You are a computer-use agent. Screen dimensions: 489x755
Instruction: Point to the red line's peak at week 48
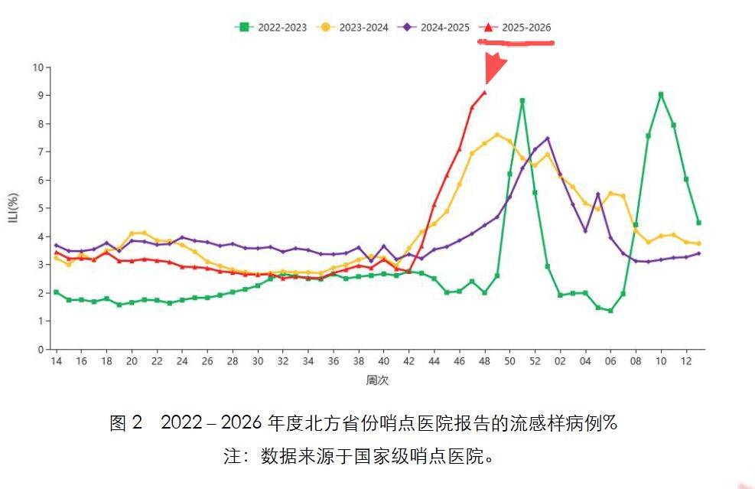pyautogui.click(x=484, y=92)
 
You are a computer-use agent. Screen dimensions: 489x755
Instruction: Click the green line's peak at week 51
pyautogui.click(x=522, y=100)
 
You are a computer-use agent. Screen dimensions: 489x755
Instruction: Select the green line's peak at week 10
pyautogui.click(x=661, y=95)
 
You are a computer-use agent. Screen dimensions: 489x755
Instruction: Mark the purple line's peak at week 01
pyautogui.click(x=548, y=139)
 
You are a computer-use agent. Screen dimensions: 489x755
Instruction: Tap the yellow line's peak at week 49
pyautogui.click(x=497, y=135)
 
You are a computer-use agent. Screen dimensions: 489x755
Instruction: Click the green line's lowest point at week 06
pyautogui.click(x=610, y=311)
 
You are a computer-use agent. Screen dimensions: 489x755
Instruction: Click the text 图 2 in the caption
pyautogui.click(x=126, y=423)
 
